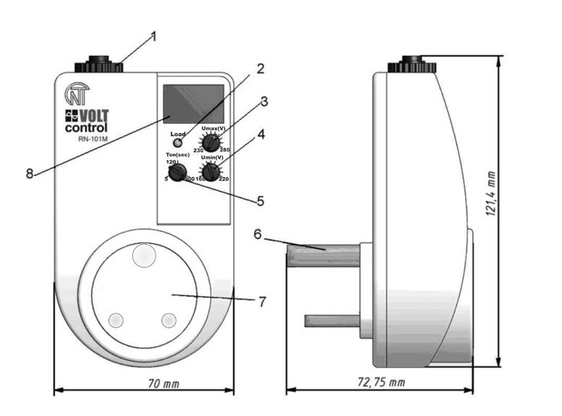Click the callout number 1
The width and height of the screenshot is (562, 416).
click(153, 35)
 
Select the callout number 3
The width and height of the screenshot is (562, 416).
click(265, 101)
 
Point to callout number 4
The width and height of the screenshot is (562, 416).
click(260, 134)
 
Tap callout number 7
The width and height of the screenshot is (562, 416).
click(263, 300)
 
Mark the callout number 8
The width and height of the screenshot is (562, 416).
click(30, 174)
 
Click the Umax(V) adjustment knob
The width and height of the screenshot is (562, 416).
click(210, 143)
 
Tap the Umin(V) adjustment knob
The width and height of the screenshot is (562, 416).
click(210, 171)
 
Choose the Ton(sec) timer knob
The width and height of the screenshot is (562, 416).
click(176, 172)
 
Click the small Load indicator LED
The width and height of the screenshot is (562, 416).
click(178, 143)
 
